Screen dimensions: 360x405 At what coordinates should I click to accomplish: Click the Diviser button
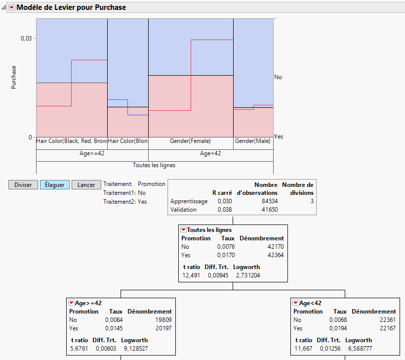[23, 185]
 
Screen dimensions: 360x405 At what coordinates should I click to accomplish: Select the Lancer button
[86, 185]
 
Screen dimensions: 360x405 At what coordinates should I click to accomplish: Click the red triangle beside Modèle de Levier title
[12, 7]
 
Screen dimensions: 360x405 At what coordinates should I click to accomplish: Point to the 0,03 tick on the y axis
[26, 39]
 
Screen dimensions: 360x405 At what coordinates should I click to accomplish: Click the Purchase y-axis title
[14, 77]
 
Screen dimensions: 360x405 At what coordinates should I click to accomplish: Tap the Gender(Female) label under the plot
[191, 141]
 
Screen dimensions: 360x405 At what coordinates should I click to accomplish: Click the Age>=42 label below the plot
[92, 153]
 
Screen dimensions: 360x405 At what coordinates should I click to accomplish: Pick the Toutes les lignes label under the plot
[154, 165]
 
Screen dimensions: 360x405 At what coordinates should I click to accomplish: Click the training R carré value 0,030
[225, 201]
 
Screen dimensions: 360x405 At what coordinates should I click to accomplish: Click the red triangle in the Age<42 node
[295, 303]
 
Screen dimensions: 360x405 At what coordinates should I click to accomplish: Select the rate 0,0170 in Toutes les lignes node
[225, 255]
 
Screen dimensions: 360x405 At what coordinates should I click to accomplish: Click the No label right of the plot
[278, 77]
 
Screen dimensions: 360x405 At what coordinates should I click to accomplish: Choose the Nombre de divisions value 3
[312, 201]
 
